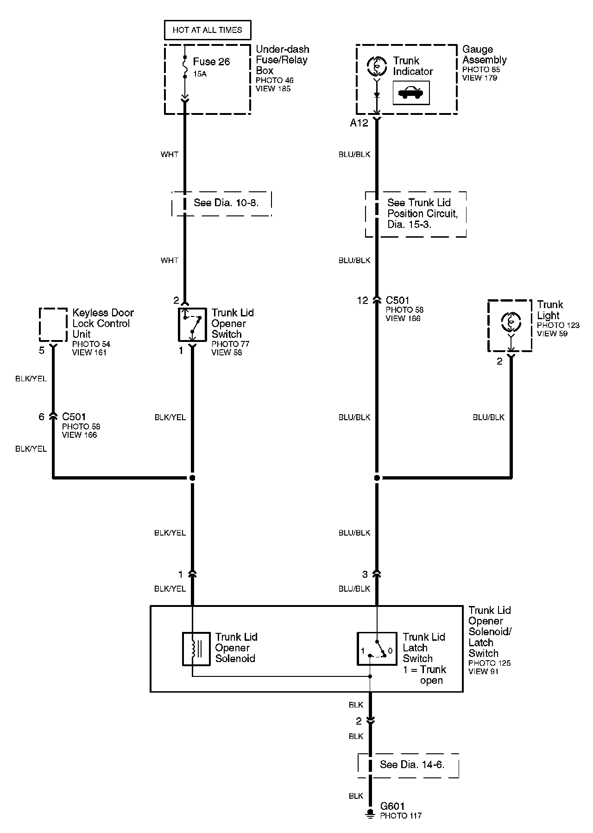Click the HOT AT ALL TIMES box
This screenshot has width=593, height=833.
(207, 30)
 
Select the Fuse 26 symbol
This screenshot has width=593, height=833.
(185, 67)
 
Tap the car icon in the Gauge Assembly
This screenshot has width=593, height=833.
(411, 93)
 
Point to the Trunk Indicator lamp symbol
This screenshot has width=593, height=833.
(376, 66)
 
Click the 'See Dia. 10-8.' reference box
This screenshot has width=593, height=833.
(221, 203)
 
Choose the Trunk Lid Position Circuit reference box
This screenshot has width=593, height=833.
(416, 214)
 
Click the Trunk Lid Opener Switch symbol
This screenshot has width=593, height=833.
(192, 323)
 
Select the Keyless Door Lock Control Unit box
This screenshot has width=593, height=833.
(53, 324)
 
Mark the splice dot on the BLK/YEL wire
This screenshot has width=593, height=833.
(192, 478)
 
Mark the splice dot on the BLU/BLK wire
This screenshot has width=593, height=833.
(377, 478)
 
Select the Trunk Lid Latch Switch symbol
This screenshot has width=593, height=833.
(377, 649)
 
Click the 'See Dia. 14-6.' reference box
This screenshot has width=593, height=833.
(408, 765)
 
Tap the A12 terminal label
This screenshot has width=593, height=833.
(359, 123)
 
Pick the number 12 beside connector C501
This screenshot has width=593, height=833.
(362, 301)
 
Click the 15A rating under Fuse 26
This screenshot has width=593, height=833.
(200, 74)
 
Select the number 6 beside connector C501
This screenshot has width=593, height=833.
(41, 417)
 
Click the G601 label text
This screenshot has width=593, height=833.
(392, 807)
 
